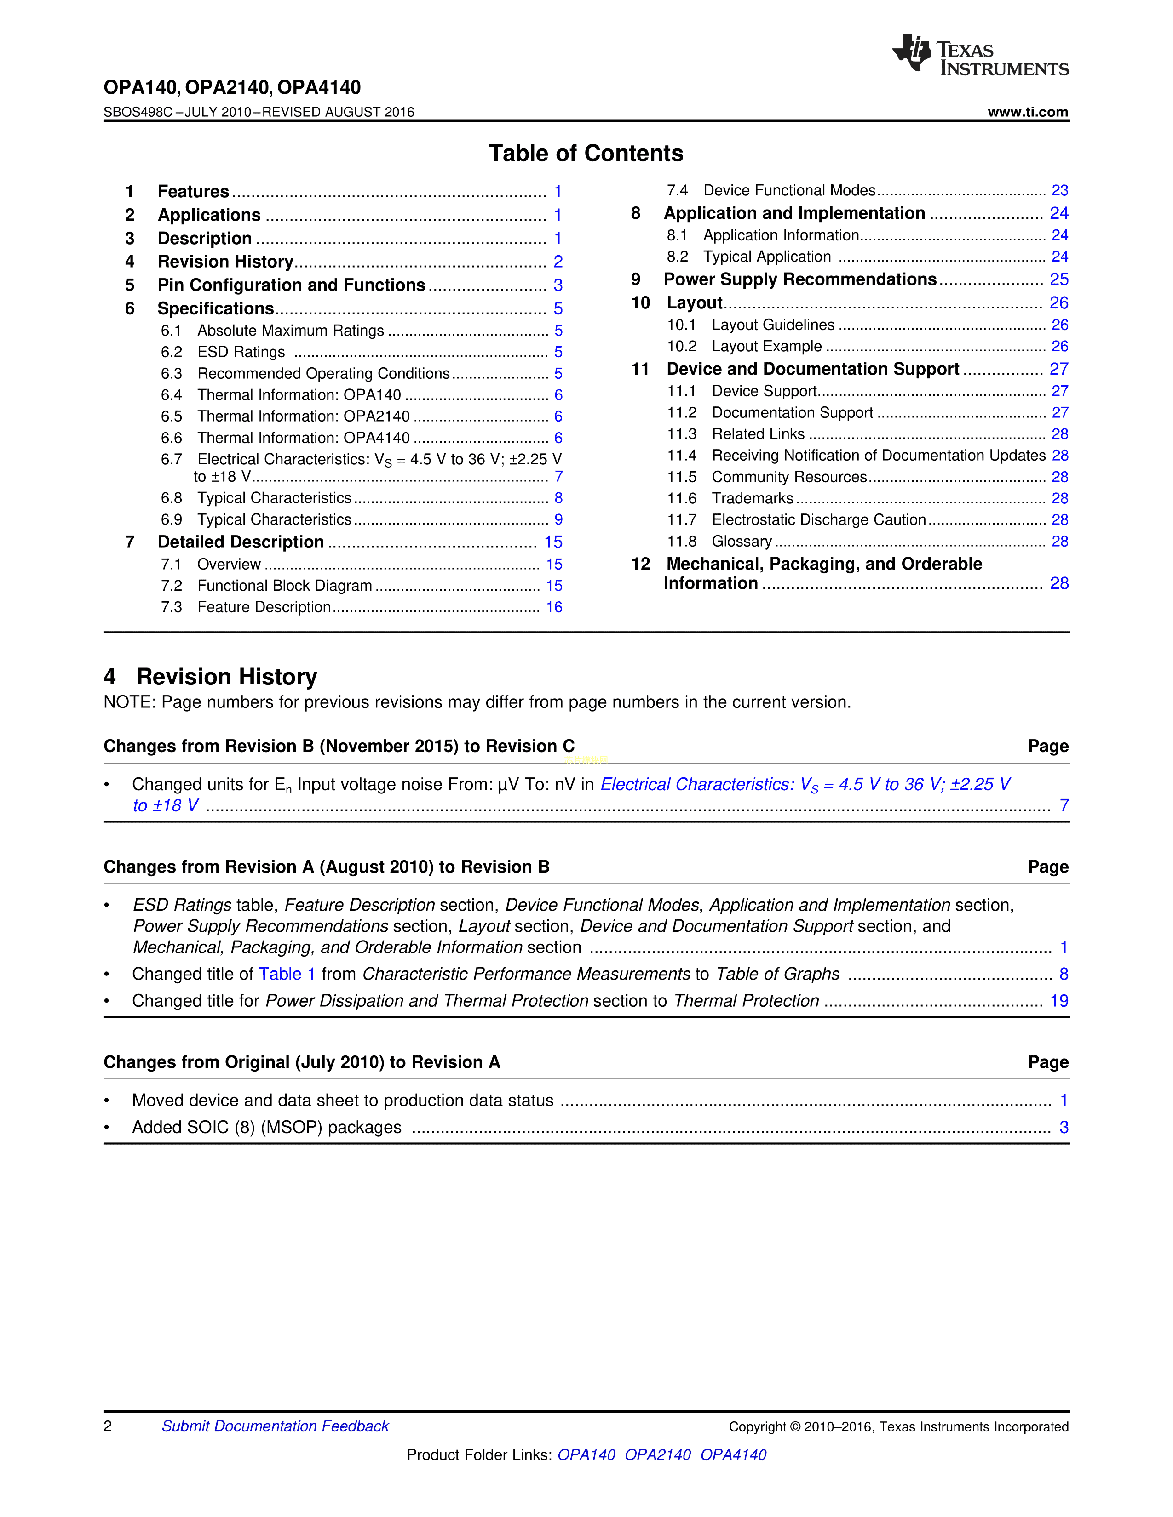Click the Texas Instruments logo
[980, 55]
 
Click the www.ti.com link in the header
[1027, 112]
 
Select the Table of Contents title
[586, 154]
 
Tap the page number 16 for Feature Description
[554, 607]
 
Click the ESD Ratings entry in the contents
[241, 352]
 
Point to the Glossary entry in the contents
[742, 541]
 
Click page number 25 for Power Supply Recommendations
[1058, 279]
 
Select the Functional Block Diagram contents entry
[284, 586]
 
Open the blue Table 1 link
[287, 974]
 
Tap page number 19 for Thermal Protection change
[1058, 1001]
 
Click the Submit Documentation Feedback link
[275, 1426]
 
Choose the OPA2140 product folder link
[657, 1454]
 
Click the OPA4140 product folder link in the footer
[733, 1454]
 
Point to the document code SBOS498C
[138, 112]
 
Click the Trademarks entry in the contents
[752, 498]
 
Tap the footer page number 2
[108, 1426]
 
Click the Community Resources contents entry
[789, 477]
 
